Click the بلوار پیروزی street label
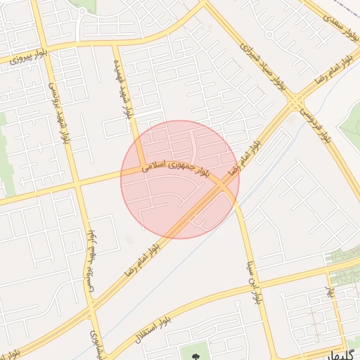pyautogui.click(x=29, y=57)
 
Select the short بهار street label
pyautogui.click(x=329, y=289)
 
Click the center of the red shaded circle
pyautogui.click(x=180, y=179)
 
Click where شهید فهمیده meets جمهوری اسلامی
pyautogui.click(x=139, y=167)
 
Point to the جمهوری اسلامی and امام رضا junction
pyautogui.click(x=224, y=184)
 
